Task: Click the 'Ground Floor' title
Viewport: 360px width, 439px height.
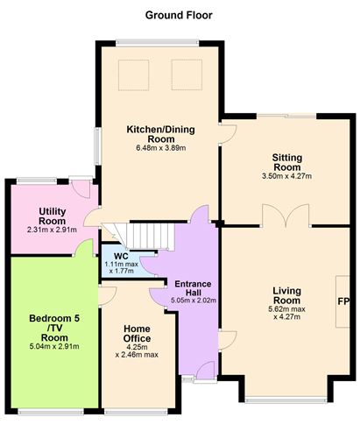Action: coord(179,15)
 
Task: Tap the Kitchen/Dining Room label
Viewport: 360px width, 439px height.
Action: coord(161,134)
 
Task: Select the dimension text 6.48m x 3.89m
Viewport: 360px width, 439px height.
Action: coord(161,148)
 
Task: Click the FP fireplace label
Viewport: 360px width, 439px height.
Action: coord(343,301)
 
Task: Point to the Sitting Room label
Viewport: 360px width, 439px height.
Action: coord(287,162)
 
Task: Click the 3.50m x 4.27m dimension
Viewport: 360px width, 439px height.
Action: coord(287,176)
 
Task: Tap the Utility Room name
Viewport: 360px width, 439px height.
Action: coord(53,216)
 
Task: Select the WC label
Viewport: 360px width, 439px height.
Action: coord(121,257)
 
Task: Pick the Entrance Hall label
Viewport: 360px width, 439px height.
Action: coord(193,288)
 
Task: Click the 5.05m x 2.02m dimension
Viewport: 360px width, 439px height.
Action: coord(194,301)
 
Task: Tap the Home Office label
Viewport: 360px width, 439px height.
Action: coord(137,334)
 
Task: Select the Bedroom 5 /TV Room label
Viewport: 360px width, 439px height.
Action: coord(54,328)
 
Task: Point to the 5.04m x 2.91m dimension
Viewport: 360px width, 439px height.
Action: coord(54,347)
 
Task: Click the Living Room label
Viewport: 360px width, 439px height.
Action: coord(286,295)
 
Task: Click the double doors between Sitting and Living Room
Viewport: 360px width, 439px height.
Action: coord(286,216)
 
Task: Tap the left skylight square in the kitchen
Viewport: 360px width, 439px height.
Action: coord(134,75)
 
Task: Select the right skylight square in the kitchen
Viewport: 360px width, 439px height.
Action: coord(187,75)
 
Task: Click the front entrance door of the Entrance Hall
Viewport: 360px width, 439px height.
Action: coord(206,371)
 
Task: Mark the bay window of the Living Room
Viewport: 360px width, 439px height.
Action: coord(286,400)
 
